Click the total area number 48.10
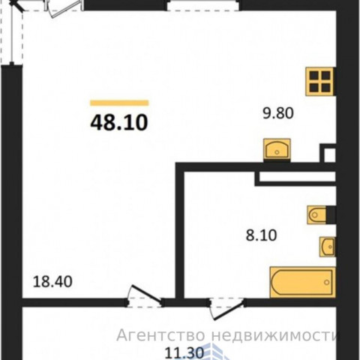click(x=119, y=123)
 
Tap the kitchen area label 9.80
click(x=278, y=113)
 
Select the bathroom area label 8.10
click(x=261, y=235)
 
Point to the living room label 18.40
click(x=52, y=281)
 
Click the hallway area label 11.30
click(x=184, y=353)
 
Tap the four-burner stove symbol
click(x=320, y=82)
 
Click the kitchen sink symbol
click(x=277, y=149)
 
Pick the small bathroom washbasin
click(x=328, y=247)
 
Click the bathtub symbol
click(x=302, y=283)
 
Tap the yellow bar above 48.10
click(x=119, y=103)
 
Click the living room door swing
click(x=145, y=296)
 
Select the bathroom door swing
click(x=226, y=309)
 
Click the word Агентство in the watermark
click(x=160, y=335)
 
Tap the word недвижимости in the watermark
click(x=275, y=335)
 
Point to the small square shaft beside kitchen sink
click(x=328, y=153)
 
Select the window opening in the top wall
click(x=203, y=5)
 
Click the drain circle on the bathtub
click(x=326, y=283)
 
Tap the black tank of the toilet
click(x=331, y=214)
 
